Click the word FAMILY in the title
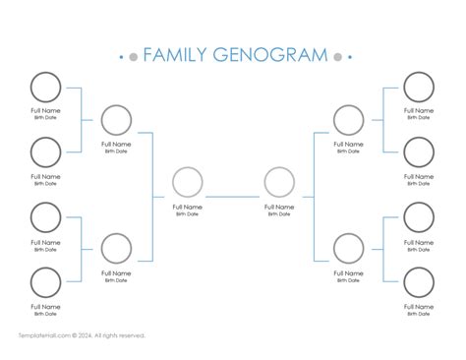point(173,55)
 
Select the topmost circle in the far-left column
point(45,88)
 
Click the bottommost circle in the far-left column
point(45,282)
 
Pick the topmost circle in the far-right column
point(419,88)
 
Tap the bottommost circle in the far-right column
point(419,282)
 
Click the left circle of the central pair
point(187,183)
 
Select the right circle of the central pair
point(279,183)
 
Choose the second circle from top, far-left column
point(45,152)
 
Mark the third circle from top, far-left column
point(45,217)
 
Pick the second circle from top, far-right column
point(419,152)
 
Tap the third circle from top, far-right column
point(419,217)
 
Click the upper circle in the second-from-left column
point(116,120)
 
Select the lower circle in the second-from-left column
point(116,249)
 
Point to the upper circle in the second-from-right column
point(349,120)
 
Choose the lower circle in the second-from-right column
point(349,249)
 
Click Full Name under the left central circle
point(187,208)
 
